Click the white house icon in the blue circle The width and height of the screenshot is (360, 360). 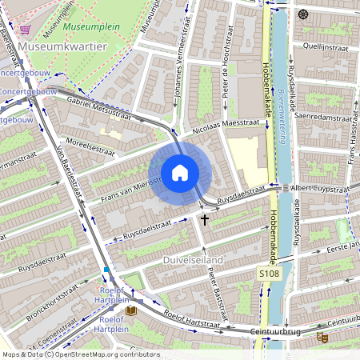180,172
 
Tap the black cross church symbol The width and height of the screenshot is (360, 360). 205,218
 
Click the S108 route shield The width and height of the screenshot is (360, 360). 269,274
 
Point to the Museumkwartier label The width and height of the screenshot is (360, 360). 62,47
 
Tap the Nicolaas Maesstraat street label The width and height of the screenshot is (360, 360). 226,126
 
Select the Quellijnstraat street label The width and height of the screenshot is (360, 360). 326,47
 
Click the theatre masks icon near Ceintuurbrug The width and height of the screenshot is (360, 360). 322,338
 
